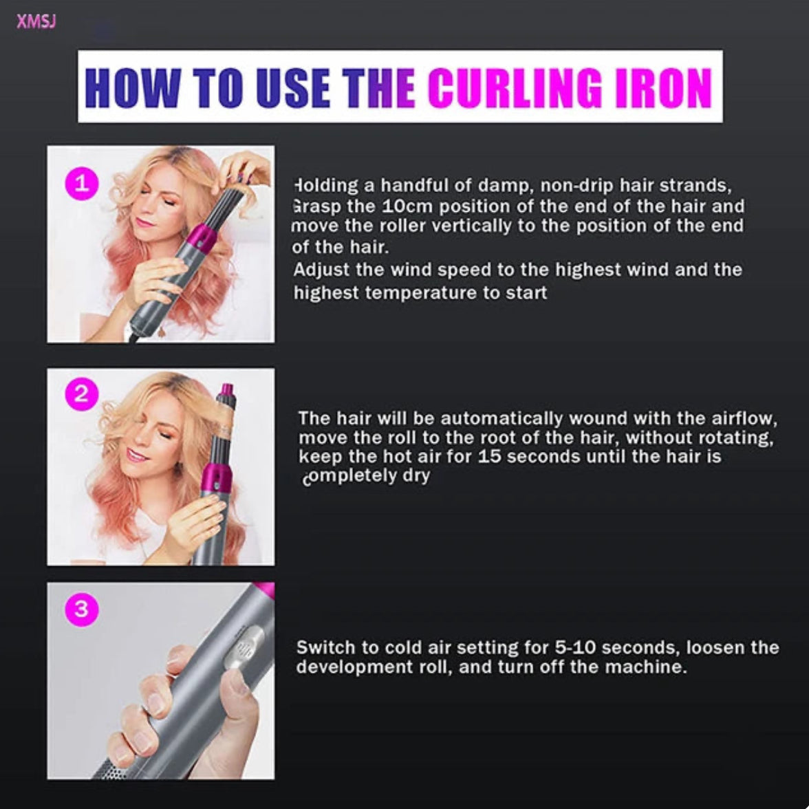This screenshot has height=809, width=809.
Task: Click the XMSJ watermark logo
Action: (x=36, y=21)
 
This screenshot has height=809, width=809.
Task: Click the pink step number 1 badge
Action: (x=82, y=184)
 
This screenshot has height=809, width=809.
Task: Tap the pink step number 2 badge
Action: (x=82, y=394)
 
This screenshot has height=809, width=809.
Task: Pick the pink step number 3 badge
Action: (x=82, y=609)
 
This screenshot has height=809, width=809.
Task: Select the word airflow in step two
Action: (x=744, y=418)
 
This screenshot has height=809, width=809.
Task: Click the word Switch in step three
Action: (x=326, y=647)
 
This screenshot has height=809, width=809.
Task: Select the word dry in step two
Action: (x=416, y=476)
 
